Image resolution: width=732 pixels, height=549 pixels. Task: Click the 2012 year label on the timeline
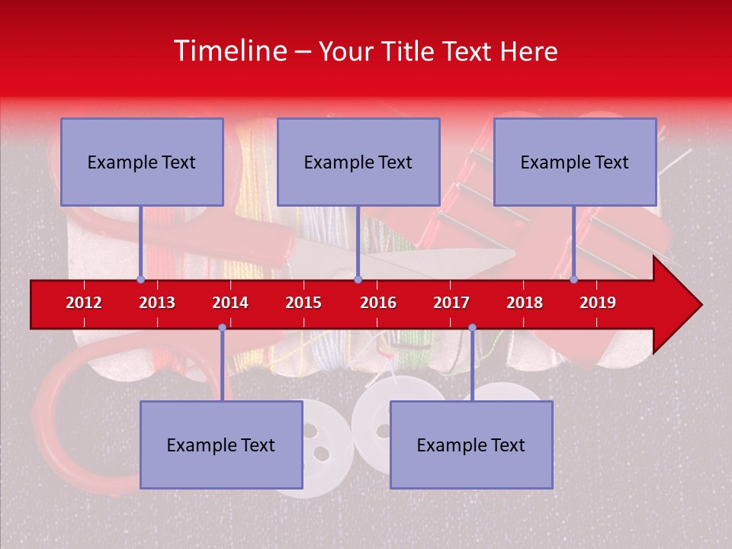point(84,303)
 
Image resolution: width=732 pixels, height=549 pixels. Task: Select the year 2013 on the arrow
point(157,303)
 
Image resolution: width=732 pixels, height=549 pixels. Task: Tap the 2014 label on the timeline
point(230,303)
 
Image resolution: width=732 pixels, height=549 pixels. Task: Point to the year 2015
point(303,303)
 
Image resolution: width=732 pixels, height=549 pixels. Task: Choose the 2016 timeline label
point(378,303)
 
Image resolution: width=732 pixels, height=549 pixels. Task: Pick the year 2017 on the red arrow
point(451,303)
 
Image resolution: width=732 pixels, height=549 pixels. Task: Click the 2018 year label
point(525,303)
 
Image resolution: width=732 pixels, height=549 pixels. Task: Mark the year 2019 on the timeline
point(598,303)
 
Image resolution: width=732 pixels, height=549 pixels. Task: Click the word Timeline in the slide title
point(229,51)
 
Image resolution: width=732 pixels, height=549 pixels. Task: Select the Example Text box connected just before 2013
point(142,162)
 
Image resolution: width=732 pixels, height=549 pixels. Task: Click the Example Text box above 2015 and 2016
point(358,162)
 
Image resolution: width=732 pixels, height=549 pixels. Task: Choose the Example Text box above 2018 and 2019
point(575,162)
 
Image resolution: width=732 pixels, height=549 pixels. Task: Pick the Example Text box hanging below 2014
point(221,445)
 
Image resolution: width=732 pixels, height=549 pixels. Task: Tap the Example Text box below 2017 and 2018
point(471,445)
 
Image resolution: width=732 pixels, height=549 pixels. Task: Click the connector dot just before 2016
point(358,279)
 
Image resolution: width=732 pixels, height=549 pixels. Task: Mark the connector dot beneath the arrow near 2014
point(222,328)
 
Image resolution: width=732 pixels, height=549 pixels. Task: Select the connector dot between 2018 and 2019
point(574,279)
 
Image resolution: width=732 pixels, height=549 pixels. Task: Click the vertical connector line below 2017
point(472,366)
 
